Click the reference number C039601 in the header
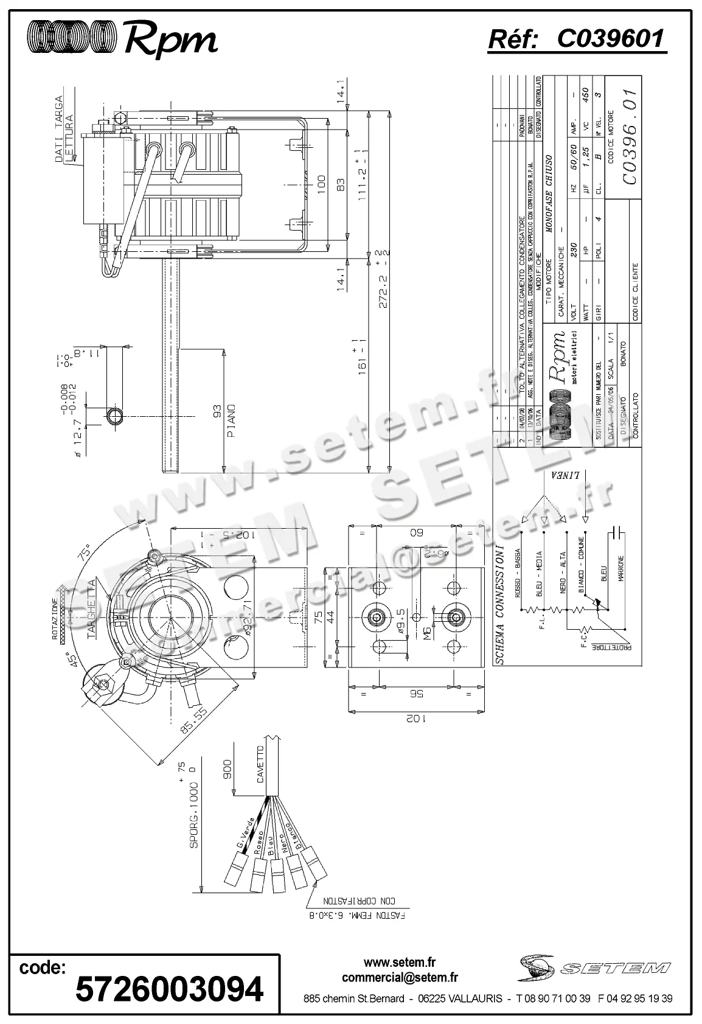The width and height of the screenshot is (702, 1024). point(610,39)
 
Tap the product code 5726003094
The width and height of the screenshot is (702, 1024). point(169,988)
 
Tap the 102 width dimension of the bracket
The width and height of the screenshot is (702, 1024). point(415,719)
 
